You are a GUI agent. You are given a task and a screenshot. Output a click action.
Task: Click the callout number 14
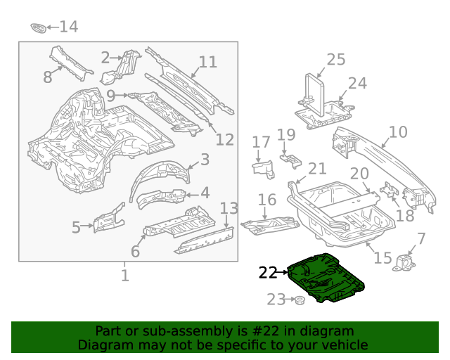pyautogui.click(x=68, y=27)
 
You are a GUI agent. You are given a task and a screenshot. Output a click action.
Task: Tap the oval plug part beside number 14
pyautogui.click(x=39, y=27)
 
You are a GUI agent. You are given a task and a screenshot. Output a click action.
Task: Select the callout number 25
pyautogui.click(x=336, y=60)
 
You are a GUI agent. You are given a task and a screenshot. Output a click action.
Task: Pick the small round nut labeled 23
pyautogui.click(x=298, y=301)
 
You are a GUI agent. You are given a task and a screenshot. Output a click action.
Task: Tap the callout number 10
pyautogui.click(x=398, y=131)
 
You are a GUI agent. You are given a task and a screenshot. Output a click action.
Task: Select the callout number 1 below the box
pyautogui.click(x=124, y=275)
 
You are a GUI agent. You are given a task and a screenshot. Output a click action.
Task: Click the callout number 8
pyautogui.click(x=48, y=77)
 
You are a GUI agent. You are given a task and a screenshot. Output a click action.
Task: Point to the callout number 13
pyautogui.click(x=229, y=208)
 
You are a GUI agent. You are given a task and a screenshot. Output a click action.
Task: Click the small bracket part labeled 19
pyautogui.click(x=291, y=161)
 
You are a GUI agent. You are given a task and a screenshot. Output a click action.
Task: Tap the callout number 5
pyautogui.click(x=76, y=227)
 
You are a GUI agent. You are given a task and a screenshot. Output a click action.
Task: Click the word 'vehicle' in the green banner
pyautogui.click(x=344, y=345)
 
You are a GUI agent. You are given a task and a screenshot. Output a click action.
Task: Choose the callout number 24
pyautogui.click(x=357, y=84)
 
